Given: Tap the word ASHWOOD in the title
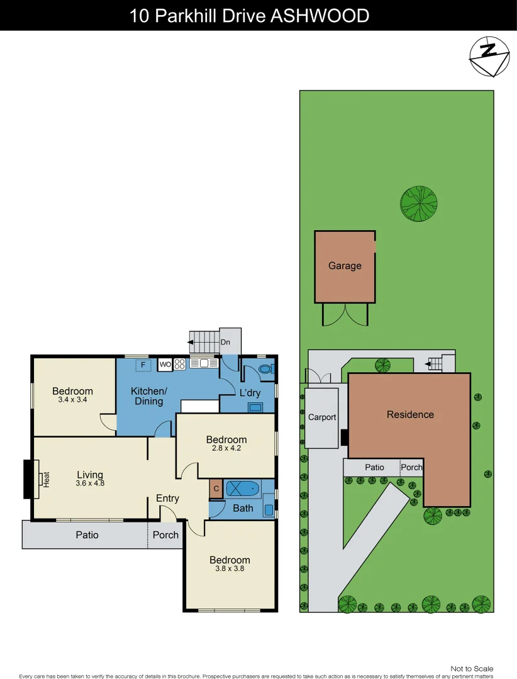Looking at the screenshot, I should (320, 15).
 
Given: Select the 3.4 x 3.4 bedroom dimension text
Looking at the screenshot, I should (72, 400).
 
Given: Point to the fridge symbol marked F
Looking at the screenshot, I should (143, 365).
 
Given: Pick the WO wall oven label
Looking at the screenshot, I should (165, 364).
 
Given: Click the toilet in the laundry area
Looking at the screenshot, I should (265, 370).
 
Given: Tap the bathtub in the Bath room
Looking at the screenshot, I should (242, 489).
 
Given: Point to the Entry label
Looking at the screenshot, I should (167, 499).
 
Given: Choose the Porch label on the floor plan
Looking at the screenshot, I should (166, 535).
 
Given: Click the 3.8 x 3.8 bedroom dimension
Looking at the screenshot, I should (230, 568).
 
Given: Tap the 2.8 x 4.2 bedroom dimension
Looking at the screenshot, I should (226, 448).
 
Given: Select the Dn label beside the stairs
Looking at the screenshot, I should (225, 343).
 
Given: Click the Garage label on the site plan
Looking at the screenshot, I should (345, 266).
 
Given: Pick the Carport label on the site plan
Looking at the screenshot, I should (322, 417).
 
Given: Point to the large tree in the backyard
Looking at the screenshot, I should (419, 204).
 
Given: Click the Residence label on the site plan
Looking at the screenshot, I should (410, 414).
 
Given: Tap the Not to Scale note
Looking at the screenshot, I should (472, 668).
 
